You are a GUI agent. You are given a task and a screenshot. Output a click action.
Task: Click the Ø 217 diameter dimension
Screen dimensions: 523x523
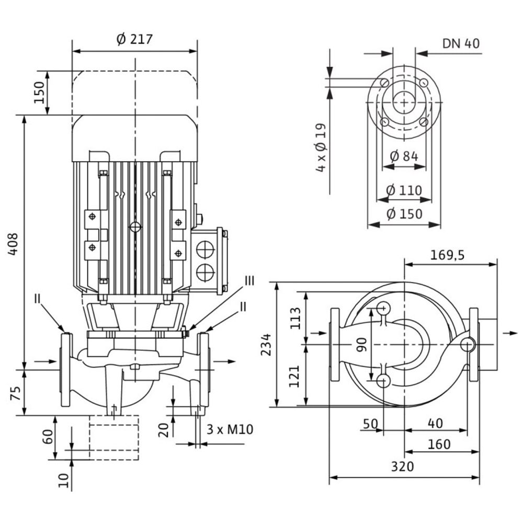tap(134, 40)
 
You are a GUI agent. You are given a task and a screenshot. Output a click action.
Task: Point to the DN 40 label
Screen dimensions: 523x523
tap(461, 43)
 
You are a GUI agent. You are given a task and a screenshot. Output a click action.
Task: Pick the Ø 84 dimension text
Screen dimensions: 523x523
tap(405, 155)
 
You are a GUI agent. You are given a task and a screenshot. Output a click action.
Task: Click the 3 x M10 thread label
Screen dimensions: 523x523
tap(230, 430)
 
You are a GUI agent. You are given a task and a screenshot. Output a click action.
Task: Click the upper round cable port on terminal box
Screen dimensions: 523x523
tap(204, 249)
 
